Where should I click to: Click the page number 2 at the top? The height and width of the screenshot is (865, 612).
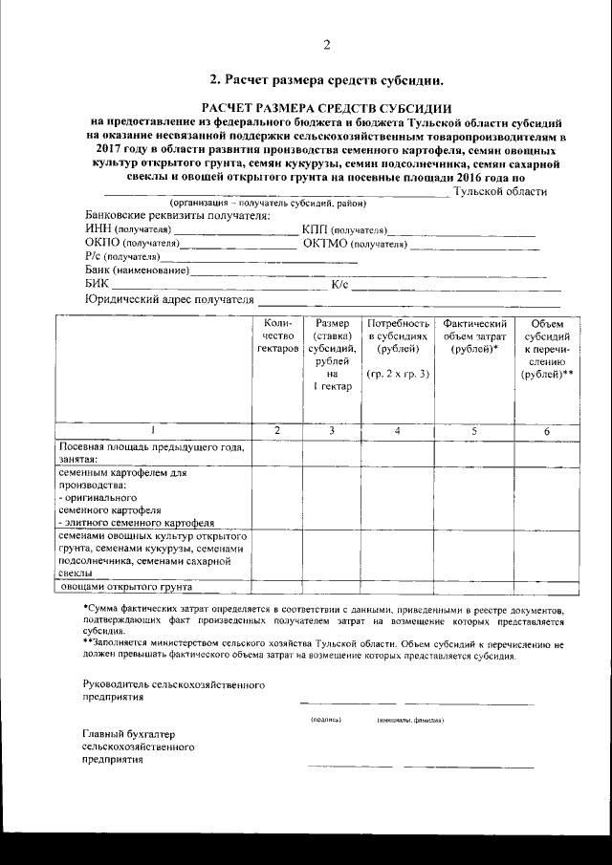(x=326, y=45)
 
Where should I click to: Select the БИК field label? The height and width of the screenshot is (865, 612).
(x=97, y=284)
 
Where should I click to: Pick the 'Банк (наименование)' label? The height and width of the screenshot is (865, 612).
(x=137, y=270)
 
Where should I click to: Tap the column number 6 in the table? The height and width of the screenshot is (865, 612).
(x=547, y=431)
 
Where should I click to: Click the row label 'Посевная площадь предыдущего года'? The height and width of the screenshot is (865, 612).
(x=152, y=447)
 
